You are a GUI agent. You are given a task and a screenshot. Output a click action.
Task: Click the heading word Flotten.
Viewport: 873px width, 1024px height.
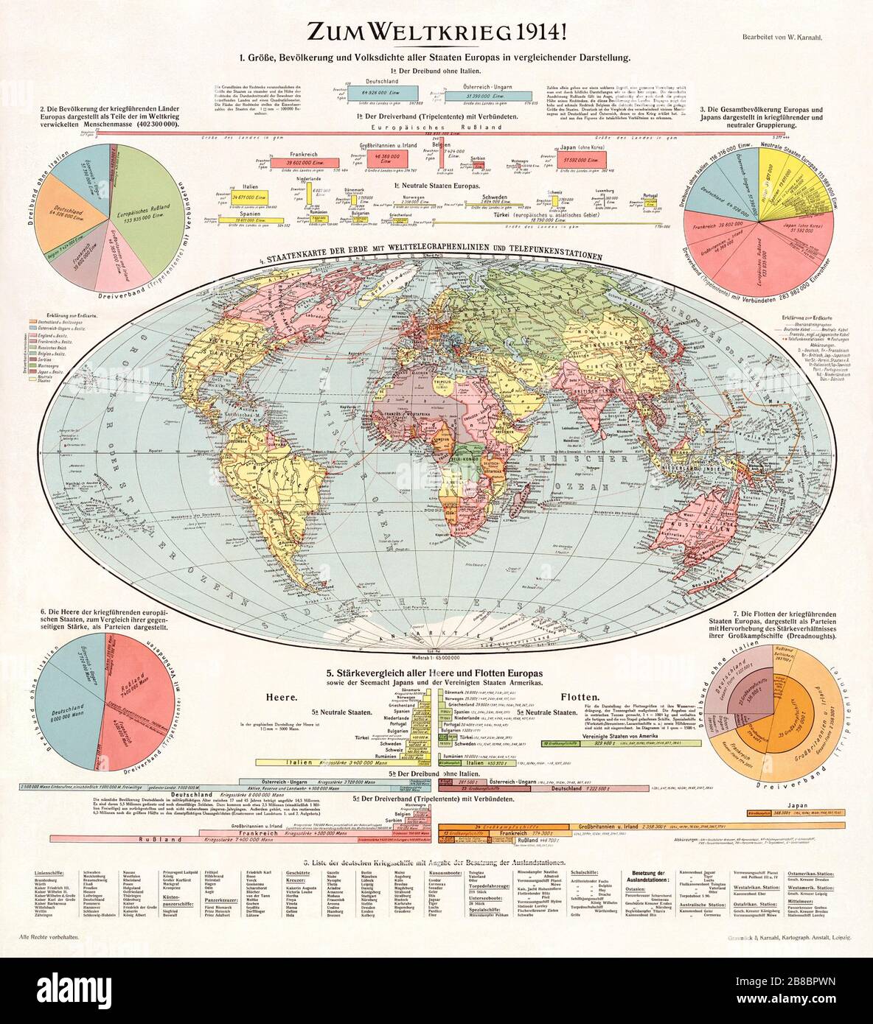tap(582, 696)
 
